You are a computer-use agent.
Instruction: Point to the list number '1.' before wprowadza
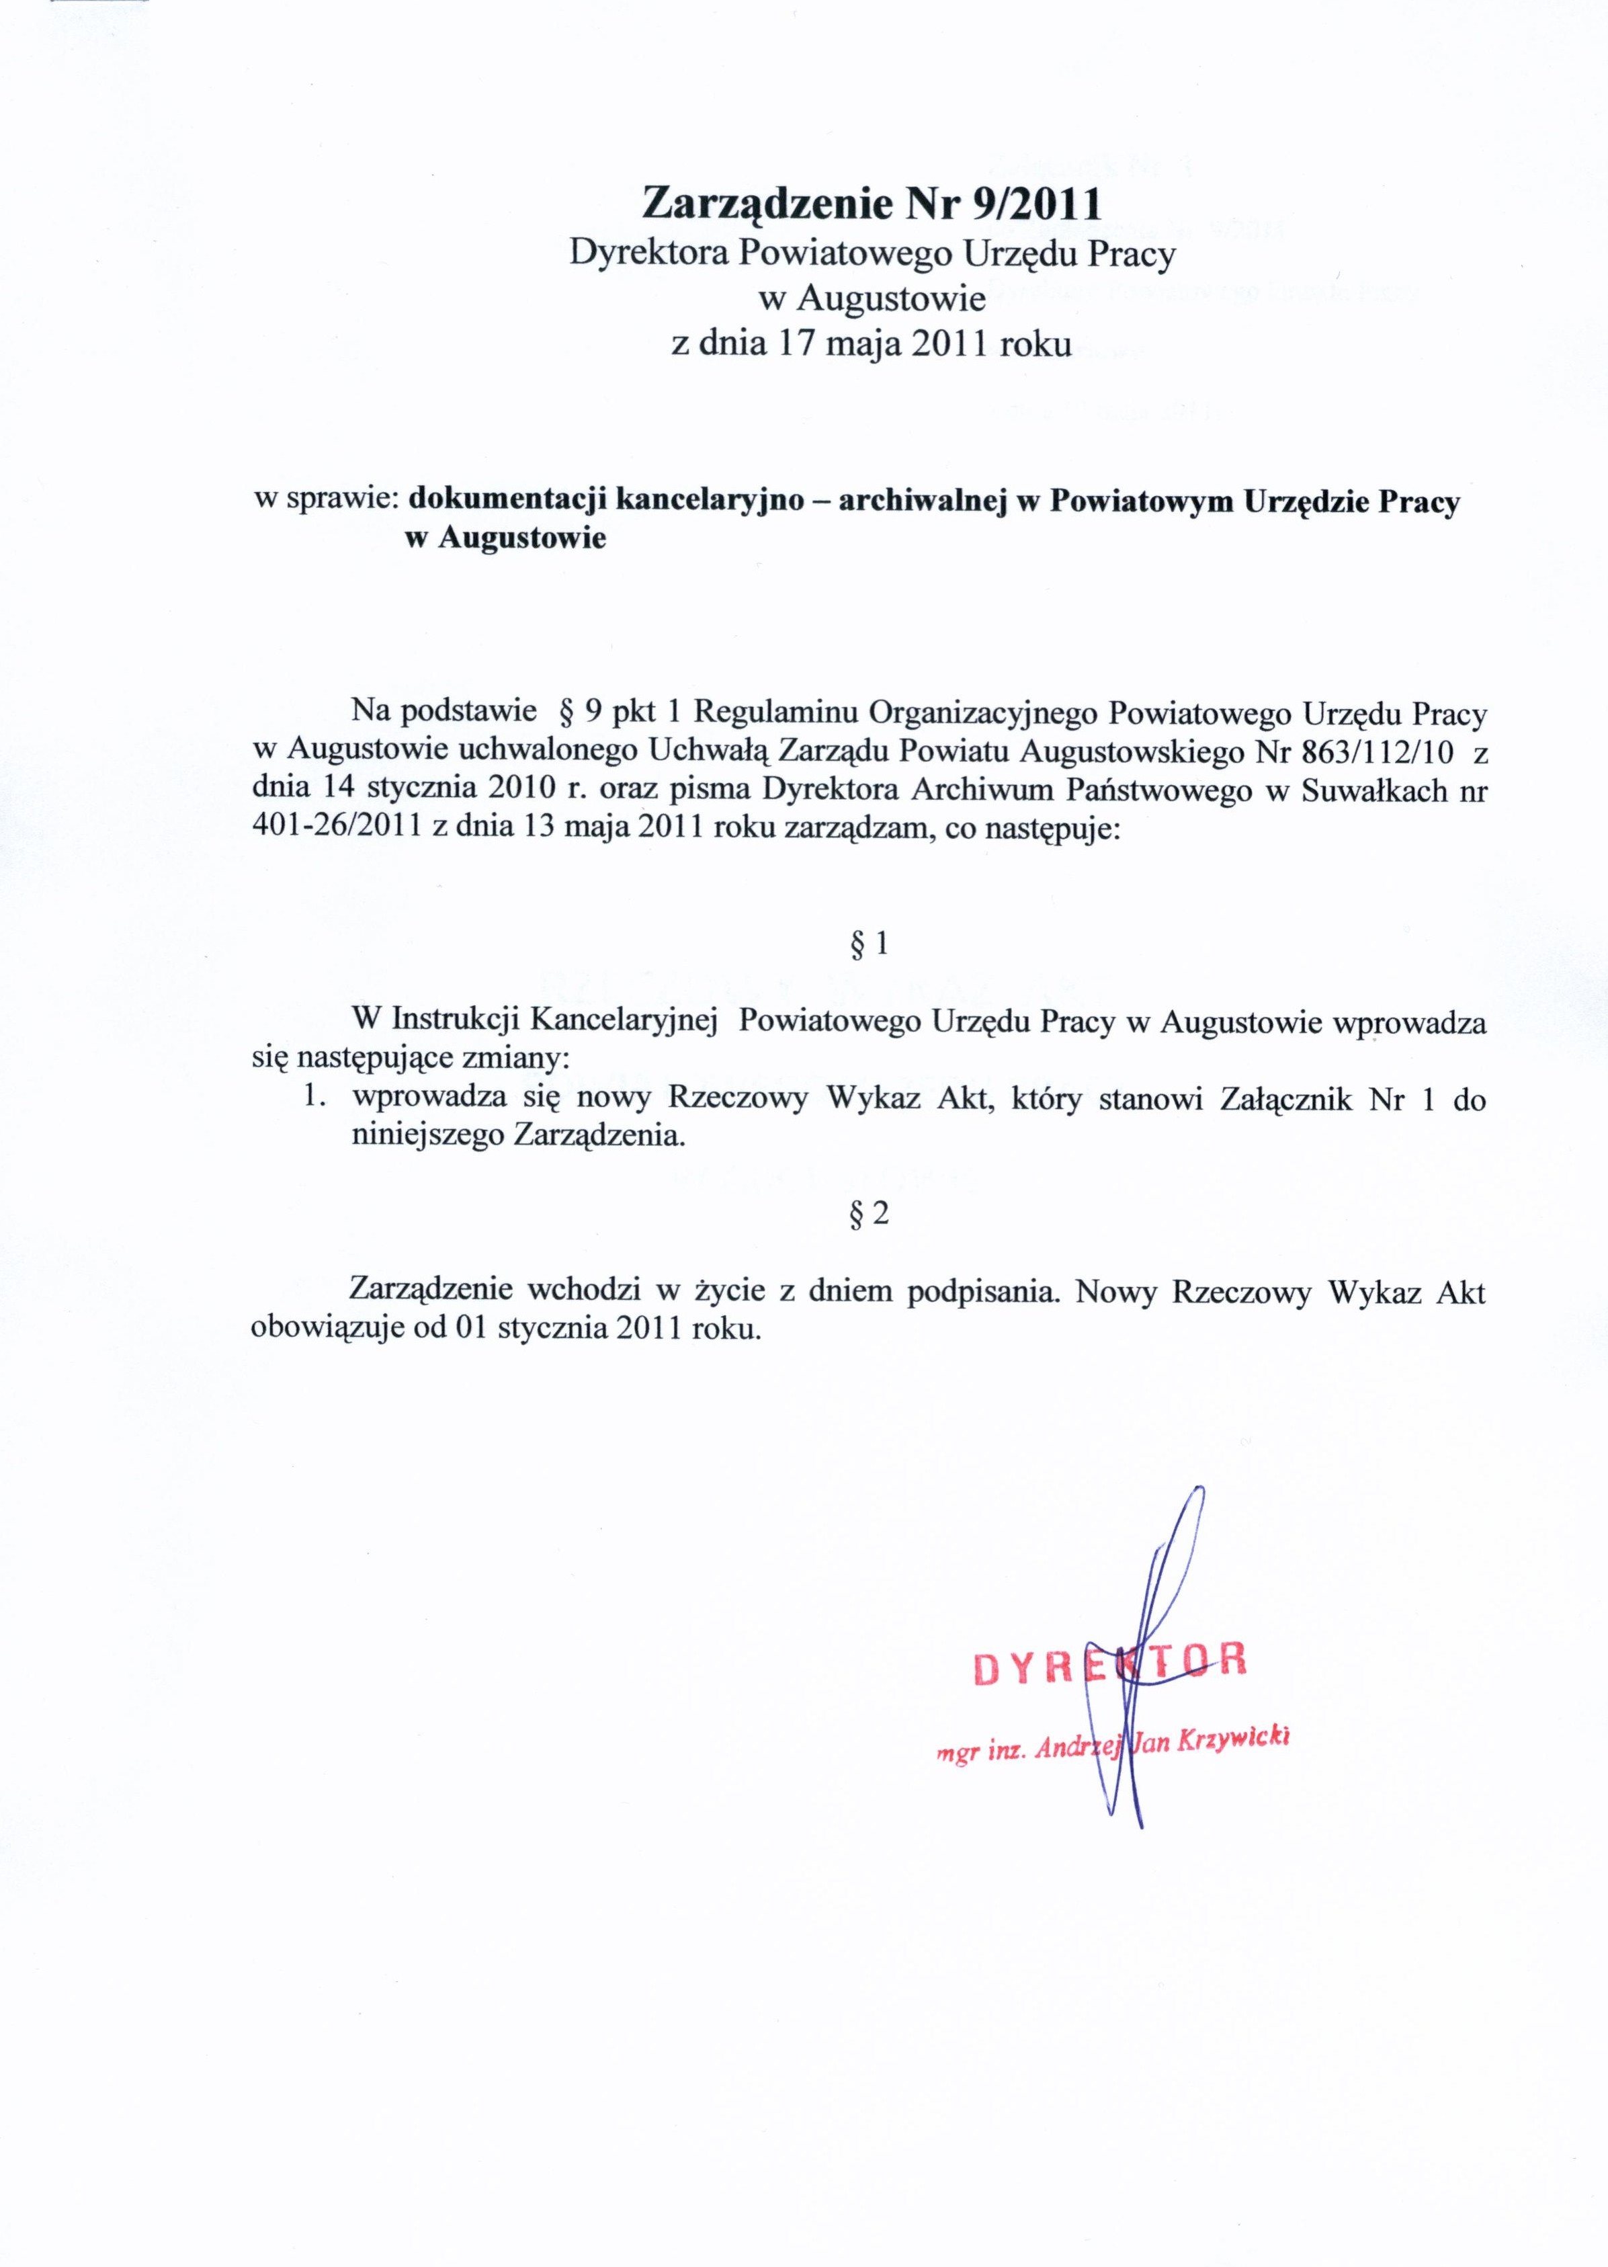315,1098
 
